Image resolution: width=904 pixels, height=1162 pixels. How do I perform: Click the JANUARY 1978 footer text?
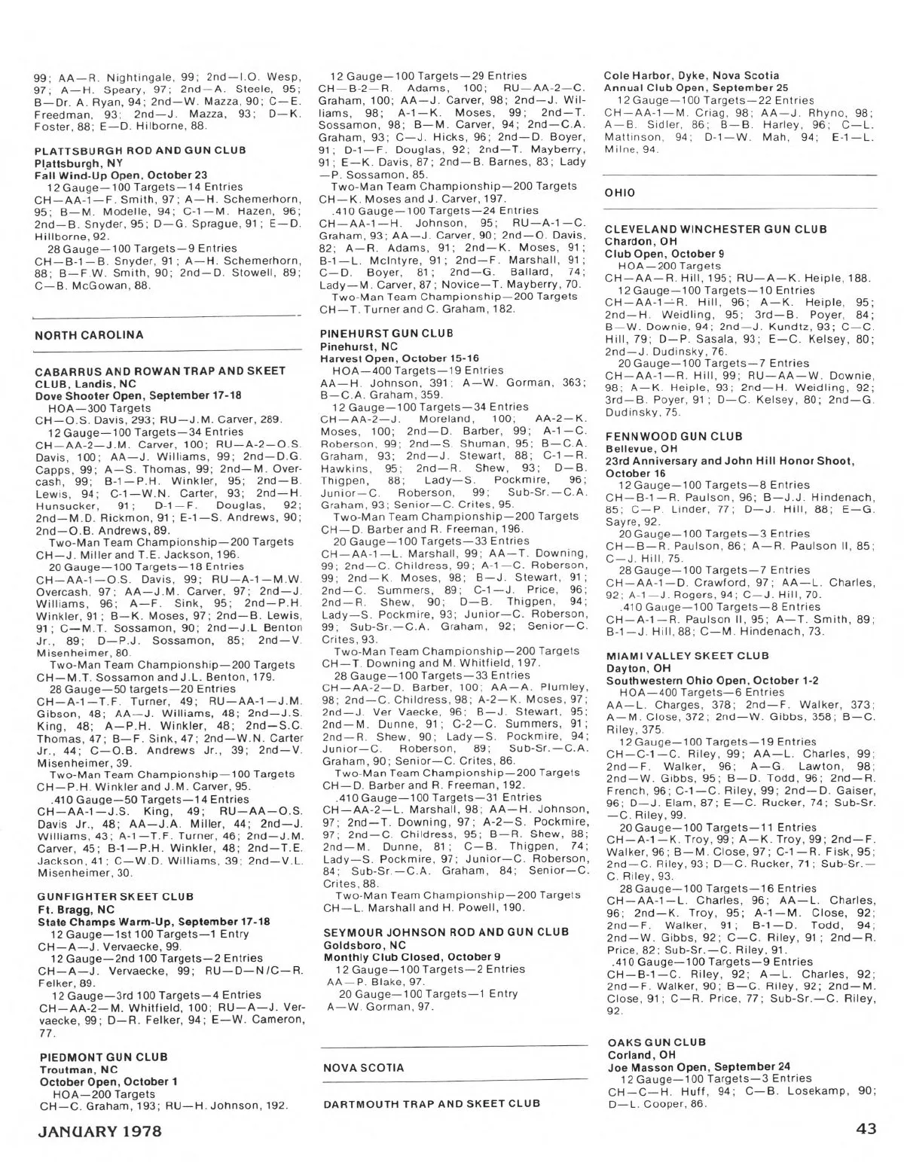pos(100,1131)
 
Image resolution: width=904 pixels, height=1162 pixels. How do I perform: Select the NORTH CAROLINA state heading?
pos(89,334)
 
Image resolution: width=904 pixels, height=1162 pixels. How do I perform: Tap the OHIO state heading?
pos(620,192)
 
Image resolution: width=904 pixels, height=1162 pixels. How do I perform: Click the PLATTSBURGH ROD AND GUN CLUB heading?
pos(140,151)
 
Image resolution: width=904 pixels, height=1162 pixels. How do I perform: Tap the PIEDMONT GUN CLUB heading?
pos(103,1057)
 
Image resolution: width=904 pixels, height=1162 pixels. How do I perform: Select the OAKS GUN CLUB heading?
pos(655,1042)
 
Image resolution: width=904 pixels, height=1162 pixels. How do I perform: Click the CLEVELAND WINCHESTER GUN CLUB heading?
pos(716,229)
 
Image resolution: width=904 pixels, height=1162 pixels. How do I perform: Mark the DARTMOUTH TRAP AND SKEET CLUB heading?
pos(432,1103)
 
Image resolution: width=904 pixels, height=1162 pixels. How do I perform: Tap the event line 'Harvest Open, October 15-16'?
pos(399,358)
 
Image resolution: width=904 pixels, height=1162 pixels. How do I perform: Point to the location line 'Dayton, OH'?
pos(637,668)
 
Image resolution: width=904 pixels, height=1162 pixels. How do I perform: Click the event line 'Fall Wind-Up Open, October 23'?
pos(121,175)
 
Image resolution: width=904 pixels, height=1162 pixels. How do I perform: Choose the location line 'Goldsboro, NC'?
pos(361,944)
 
